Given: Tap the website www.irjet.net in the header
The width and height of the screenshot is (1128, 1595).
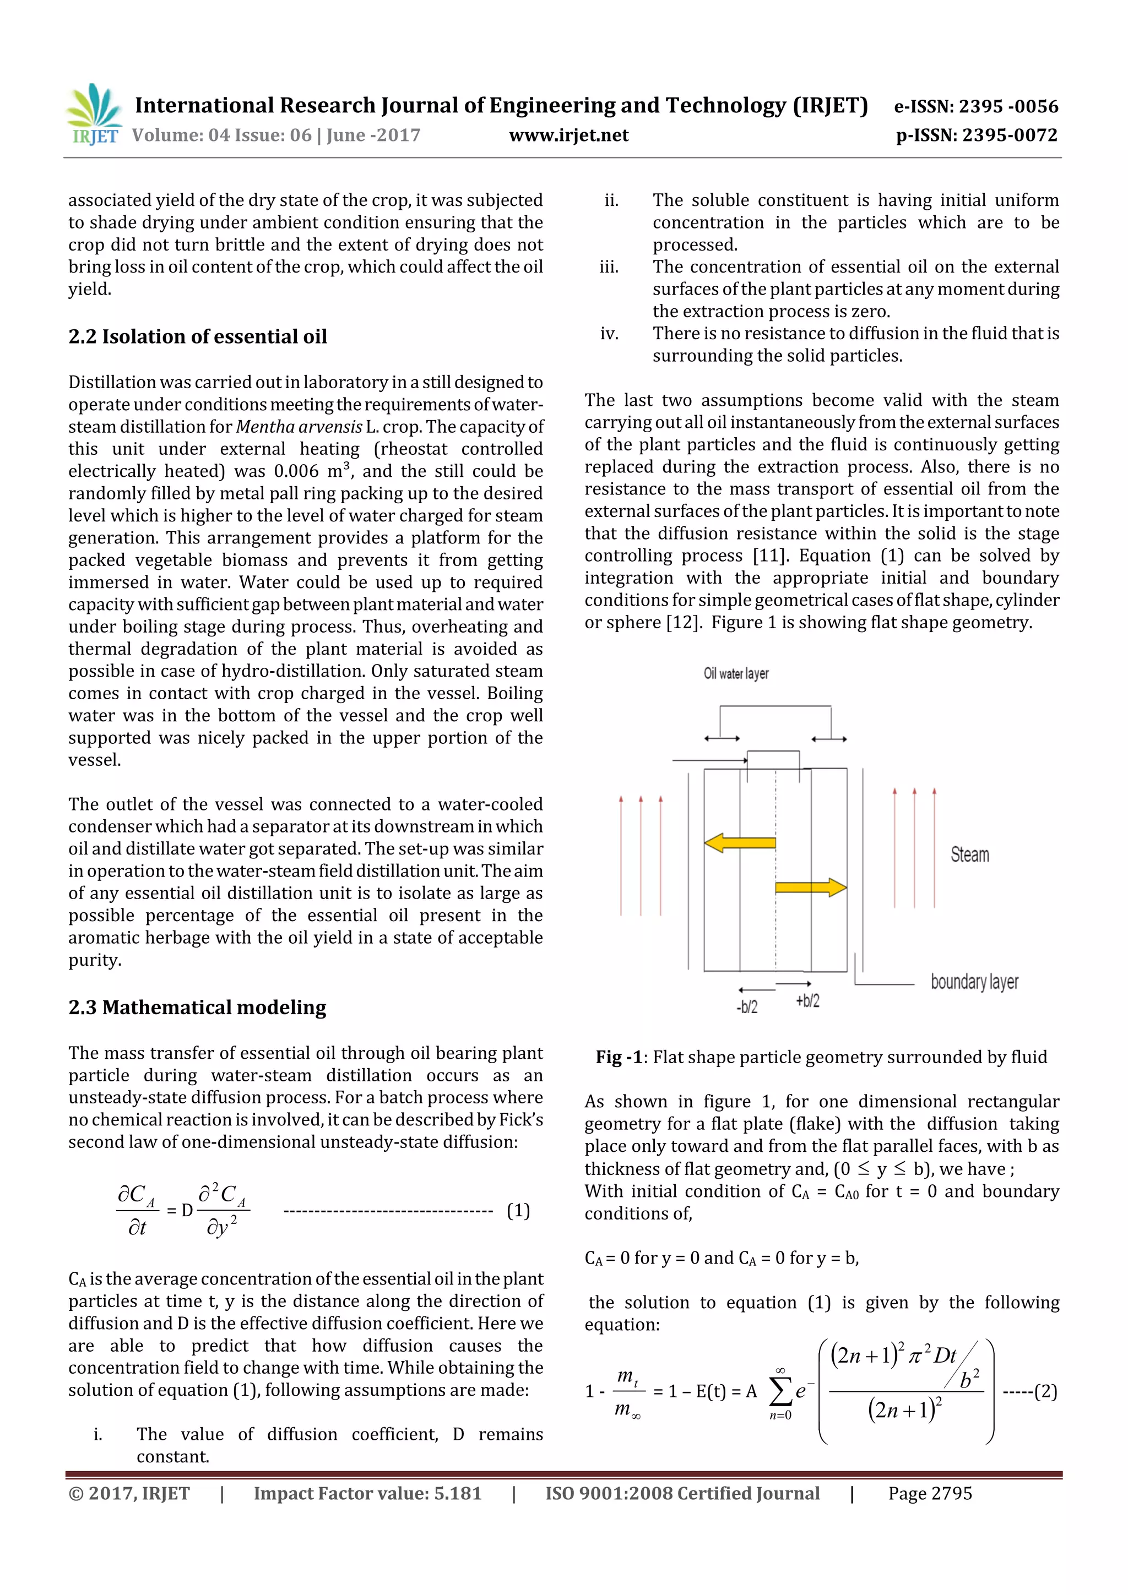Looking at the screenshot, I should click(x=568, y=135).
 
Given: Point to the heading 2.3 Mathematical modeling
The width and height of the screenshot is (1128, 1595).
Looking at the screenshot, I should click(x=197, y=1008).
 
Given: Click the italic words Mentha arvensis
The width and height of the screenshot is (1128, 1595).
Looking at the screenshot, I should click(x=299, y=427).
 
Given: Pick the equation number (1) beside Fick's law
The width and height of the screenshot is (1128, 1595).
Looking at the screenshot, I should click(x=518, y=1211).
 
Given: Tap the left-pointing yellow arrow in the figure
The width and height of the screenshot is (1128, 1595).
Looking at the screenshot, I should click(x=740, y=843).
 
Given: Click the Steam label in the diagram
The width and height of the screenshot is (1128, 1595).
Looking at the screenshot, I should click(x=969, y=854).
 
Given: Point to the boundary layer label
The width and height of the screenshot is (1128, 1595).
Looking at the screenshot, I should click(x=974, y=982).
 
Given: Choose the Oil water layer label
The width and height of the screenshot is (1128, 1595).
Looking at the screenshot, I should click(x=736, y=673).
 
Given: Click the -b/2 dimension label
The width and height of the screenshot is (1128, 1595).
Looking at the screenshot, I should click(x=747, y=1006).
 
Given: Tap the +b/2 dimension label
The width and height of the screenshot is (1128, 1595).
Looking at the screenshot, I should click(x=807, y=1000).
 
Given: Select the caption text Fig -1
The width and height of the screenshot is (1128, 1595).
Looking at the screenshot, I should click(x=619, y=1057).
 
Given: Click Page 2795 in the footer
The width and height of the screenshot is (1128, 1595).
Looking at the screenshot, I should click(x=929, y=1494).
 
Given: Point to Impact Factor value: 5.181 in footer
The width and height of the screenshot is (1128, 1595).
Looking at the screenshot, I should click(x=367, y=1494).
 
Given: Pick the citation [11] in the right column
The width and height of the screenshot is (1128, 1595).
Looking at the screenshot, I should click(x=770, y=556).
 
